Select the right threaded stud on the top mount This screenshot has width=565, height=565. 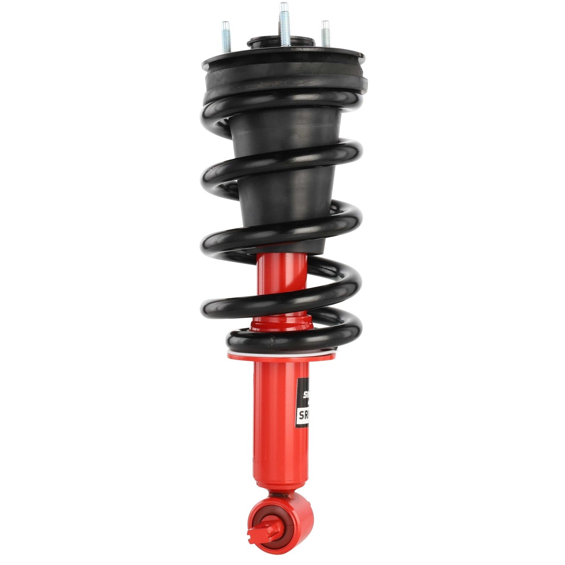(325, 34)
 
